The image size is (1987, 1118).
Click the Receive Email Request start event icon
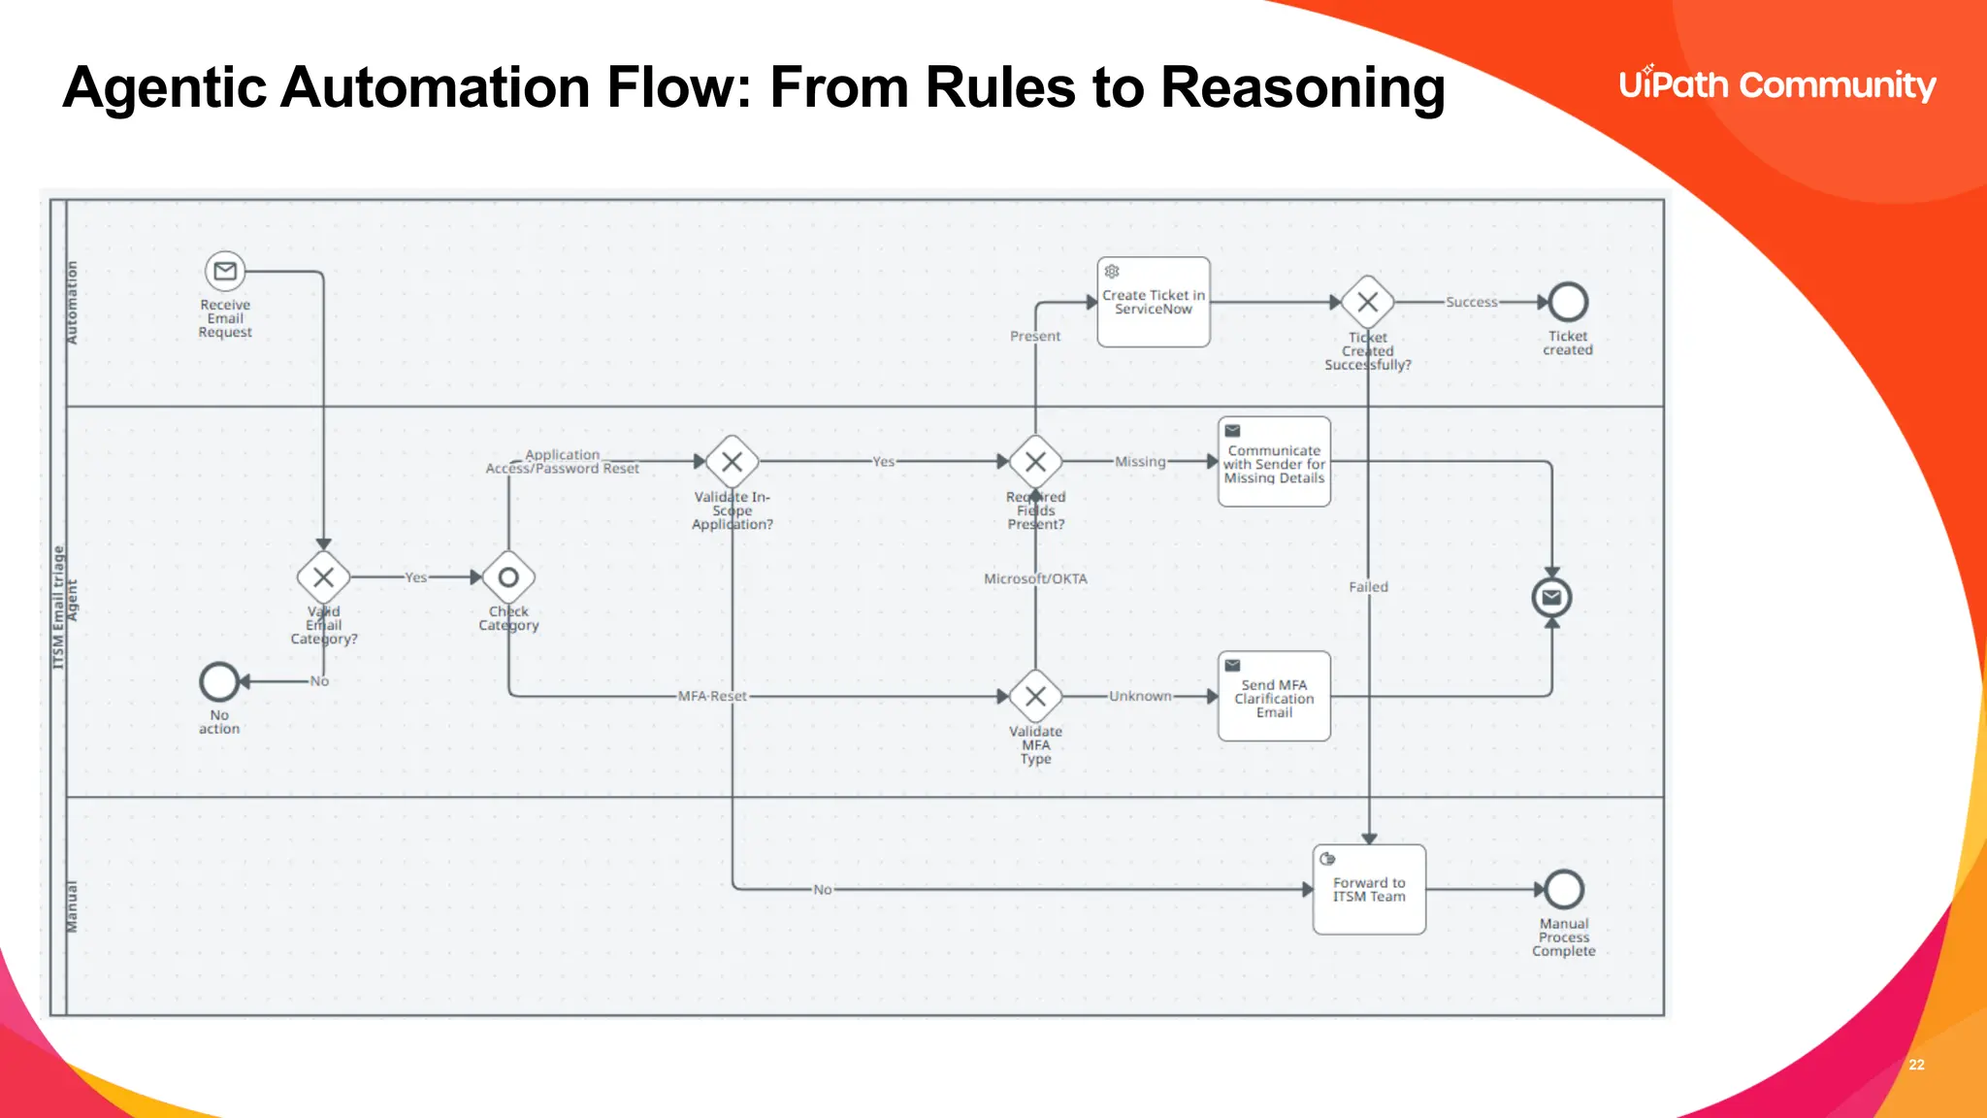pos(225,272)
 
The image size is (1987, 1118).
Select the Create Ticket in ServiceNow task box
pos(1154,302)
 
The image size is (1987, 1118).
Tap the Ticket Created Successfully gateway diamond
pos(1368,302)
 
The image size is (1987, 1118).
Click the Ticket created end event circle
pos(1568,302)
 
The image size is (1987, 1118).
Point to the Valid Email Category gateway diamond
pos(323,577)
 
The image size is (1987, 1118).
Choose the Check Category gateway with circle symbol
pos(508,577)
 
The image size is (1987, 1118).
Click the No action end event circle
pos(219,681)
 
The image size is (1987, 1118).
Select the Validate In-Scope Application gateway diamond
pos(733,462)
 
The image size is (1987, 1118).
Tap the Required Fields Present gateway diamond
pos(1035,462)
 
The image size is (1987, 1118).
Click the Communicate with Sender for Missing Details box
pos(1274,462)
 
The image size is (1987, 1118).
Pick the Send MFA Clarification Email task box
pos(1274,696)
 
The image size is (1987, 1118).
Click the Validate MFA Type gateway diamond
pos(1035,696)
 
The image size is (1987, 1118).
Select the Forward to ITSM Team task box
pos(1369,890)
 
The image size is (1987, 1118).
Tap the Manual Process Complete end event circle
pos(1564,889)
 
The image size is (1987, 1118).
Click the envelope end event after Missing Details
pos(1551,597)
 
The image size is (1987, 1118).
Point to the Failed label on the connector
pos(1368,587)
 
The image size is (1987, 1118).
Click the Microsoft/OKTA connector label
pos(1035,578)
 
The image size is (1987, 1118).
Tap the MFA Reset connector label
pos(712,696)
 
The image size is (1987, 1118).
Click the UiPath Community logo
pos(1776,85)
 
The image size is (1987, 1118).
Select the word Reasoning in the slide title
pos(1302,87)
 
